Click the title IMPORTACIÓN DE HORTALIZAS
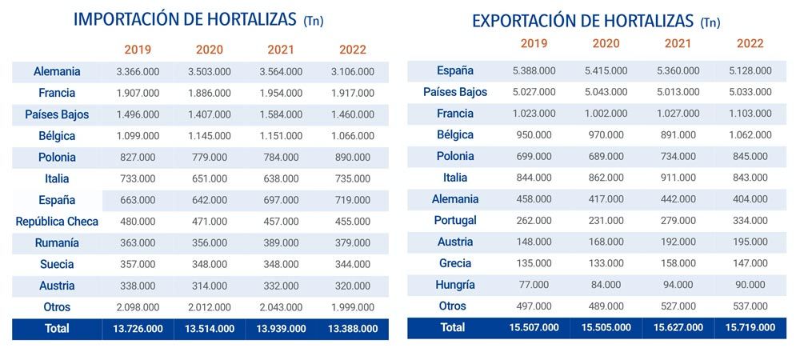pyautogui.click(x=186, y=20)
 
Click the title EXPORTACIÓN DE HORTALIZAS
pyautogui.click(x=583, y=21)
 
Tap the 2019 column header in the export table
pyautogui.click(x=534, y=44)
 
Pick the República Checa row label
pyautogui.click(x=57, y=221)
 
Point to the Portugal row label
pyautogui.click(x=455, y=220)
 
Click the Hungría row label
pyautogui.click(x=455, y=285)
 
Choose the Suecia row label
pyautogui.click(x=57, y=264)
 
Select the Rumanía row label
pyautogui.click(x=57, y=242)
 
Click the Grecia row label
pyautogui.click(x=455, y=263)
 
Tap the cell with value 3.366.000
pyautogui.click(x=138, y=72)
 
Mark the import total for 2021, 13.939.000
pyautogui.click(x=281, y=329)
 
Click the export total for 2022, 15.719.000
pyautogui.click(x=750, y=327)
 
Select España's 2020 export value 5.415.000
pyautogui.click(x=606, y=71)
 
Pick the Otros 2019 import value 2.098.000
pyautogui.click(x=138, y=307)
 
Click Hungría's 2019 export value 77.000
pyautogui.click(x=534, y=285)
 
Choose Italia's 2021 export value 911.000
pyautogui.click(x=678, y=178)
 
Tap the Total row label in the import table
pyautogui.click(x=57, y=328)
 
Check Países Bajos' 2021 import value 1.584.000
pyautogui.click(x=281, y=114)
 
